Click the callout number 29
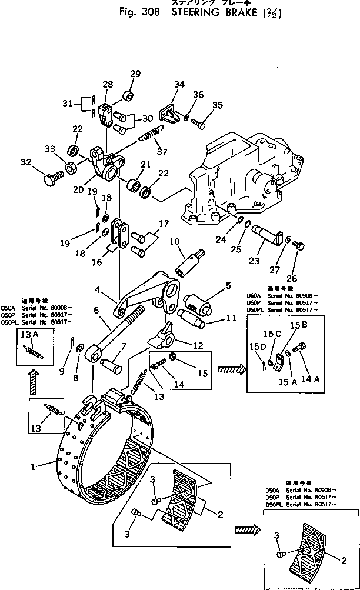pyautogui.click(x=135, y=74)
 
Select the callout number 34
pyautogui.click(x=178, y=84)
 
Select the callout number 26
pyautogui.click(x=292, y=278)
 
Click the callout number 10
pyautogui.click(x=174, y=241)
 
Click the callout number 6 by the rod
pyautogui.click(x=95, y=311)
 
